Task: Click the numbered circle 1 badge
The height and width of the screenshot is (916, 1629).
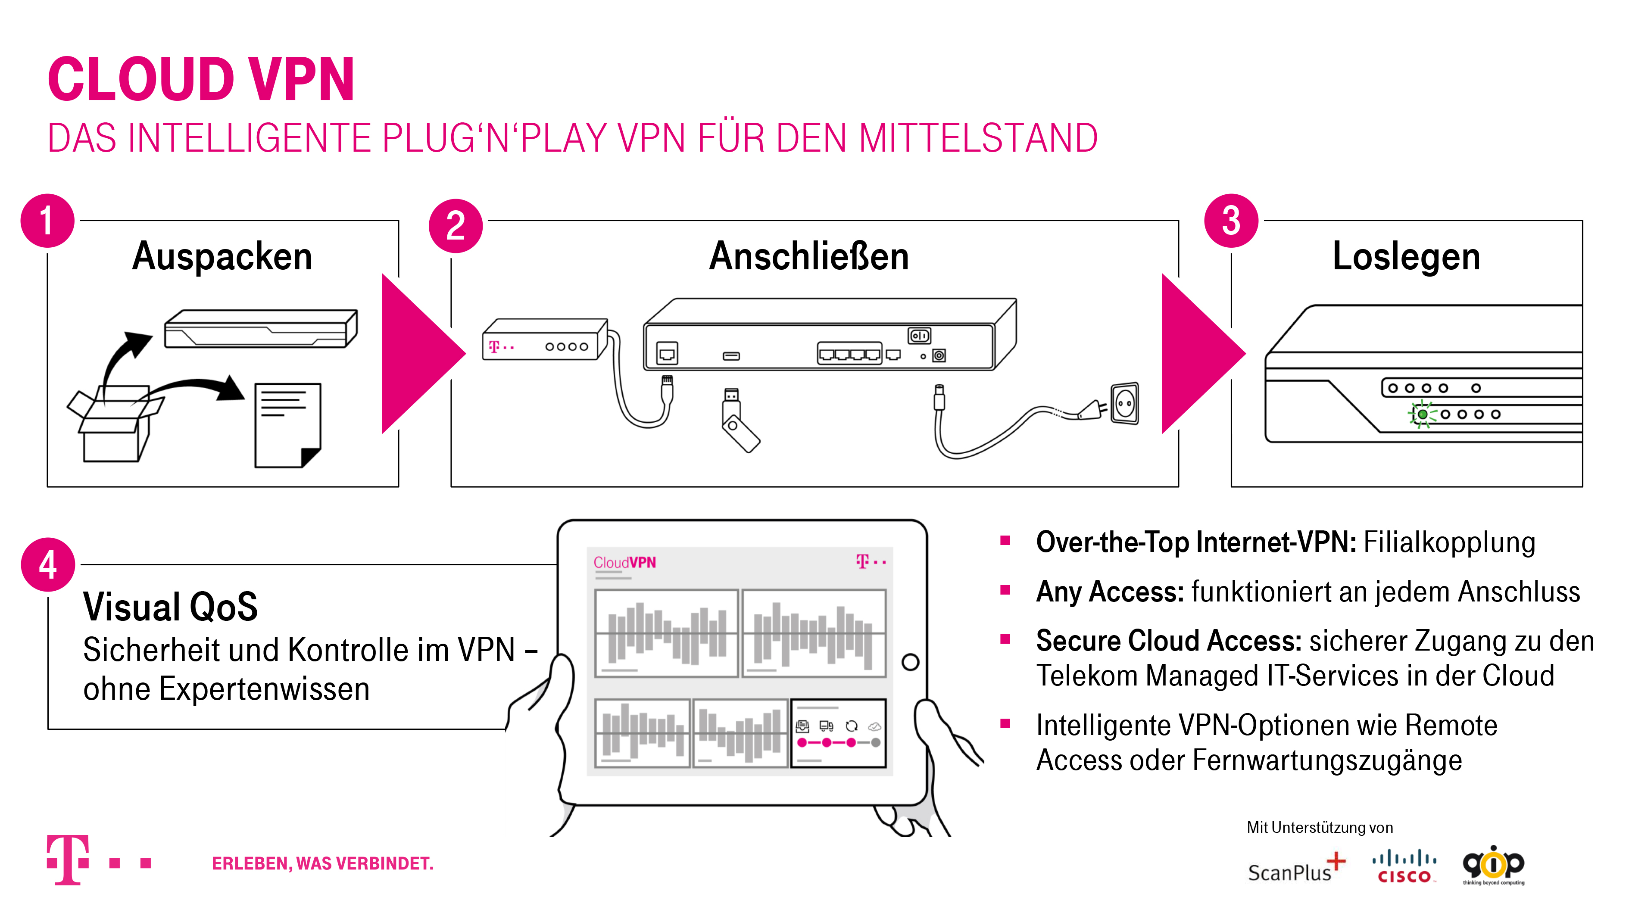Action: pyautogui.click(x=47, y=221)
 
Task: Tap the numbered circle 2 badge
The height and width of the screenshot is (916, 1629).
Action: pyautogui.click(x=456, y=226)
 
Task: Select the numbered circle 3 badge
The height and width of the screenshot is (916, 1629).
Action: pyautogui.click(x=1231, y=221)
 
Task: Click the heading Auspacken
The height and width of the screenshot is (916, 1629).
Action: pyautogui.click(x=222, y=257)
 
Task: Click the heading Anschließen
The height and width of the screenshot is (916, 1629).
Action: pyautogui.click(x=809, y=257)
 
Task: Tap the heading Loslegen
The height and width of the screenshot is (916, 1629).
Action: pyautogui.click(x=1406, y=257)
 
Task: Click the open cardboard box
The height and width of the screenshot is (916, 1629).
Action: pyautogui.click(x=114, y=423)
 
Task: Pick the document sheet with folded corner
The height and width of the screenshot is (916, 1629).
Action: pyautogui.click(x=288, y=425)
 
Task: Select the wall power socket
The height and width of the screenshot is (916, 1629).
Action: pyautogui.click(x=1125, y=403)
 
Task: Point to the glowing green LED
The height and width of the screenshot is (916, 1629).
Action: pyautogui.click(x=1422, y=414)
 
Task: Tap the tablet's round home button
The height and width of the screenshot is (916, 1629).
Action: pyautogui.click(x=910, y=663)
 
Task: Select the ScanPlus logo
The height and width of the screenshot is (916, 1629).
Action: pyautogui.click(x=1296, y=868)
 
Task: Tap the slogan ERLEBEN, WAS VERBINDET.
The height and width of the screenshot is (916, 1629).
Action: pyautogui.click(x=322, y=863)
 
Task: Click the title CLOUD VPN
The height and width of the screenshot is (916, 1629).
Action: pyautogui.click(x=201, y=79)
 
